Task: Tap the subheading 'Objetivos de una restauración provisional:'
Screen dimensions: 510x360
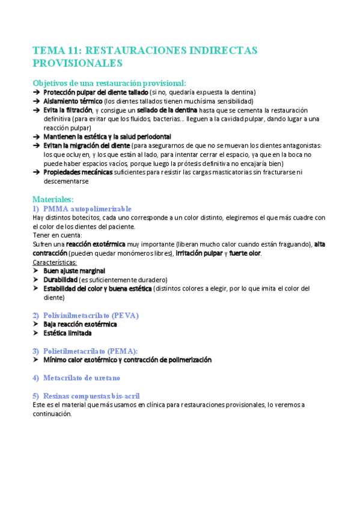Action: pyautogui.click(x=109, y=83)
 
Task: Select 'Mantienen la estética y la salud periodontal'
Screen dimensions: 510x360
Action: pyautogui.click(x=107, y=137)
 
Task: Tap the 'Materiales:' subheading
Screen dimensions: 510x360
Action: pyautogui.click(x=53, y=198)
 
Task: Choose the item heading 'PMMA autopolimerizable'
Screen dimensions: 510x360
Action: pyautogui.click(x=88, y=208)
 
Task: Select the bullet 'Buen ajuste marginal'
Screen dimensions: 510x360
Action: pyautogui.click(x=74, y=271)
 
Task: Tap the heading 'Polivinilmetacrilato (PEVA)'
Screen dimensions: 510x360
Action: pyautogui.click(x=91, y=315)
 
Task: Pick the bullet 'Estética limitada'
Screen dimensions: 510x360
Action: pyautogui.click(x=67, y=333)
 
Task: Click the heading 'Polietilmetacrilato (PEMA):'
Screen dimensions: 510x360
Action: pyautogui.click(x=91, y=351)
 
